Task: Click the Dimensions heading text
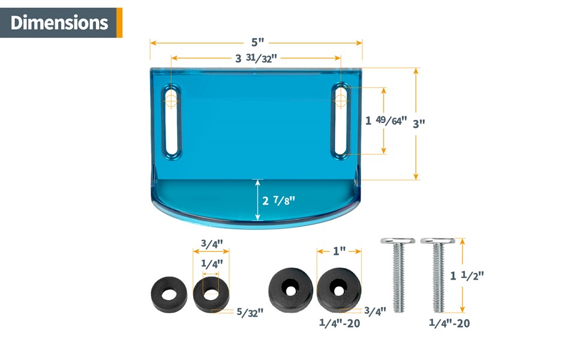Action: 59,23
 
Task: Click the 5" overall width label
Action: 257,43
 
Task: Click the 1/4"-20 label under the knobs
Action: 340,325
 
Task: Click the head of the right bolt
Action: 437,242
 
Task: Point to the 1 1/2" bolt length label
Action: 467,275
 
